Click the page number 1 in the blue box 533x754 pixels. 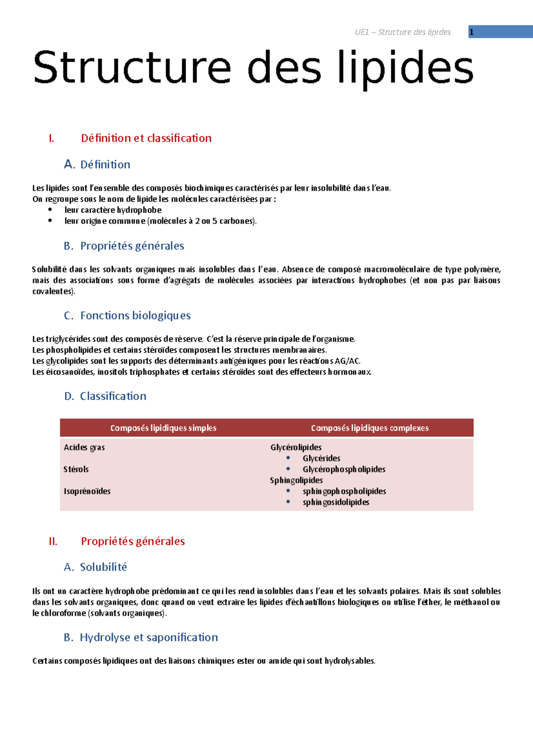[x=472, y=32]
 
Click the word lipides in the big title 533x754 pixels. [x=405, y=67]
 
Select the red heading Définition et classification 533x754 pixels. [x=146, y=138]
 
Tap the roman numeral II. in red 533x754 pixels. [x=53, y=541]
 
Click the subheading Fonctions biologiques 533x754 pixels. [x=135, y=316]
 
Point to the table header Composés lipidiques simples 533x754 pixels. [x=163, y=428]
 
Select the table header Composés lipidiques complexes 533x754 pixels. [x=370, y=428]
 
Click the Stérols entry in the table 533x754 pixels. [x=76, y=469]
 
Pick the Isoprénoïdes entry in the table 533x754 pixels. [x=87, y=491]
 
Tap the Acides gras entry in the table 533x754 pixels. [x=84, y=448]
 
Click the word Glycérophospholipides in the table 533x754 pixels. [x=344, y=469]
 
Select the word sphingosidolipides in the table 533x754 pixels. [x=336, y=502]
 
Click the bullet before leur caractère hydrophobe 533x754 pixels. [x=50, y=210]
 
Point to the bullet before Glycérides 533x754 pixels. [x=288, y=458]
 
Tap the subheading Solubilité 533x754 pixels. [x=103, y=567]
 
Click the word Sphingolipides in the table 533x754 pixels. [x=296, y=480]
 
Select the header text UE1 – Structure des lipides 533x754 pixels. [x=402, y=32]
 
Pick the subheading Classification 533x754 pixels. [x=113, y=396]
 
